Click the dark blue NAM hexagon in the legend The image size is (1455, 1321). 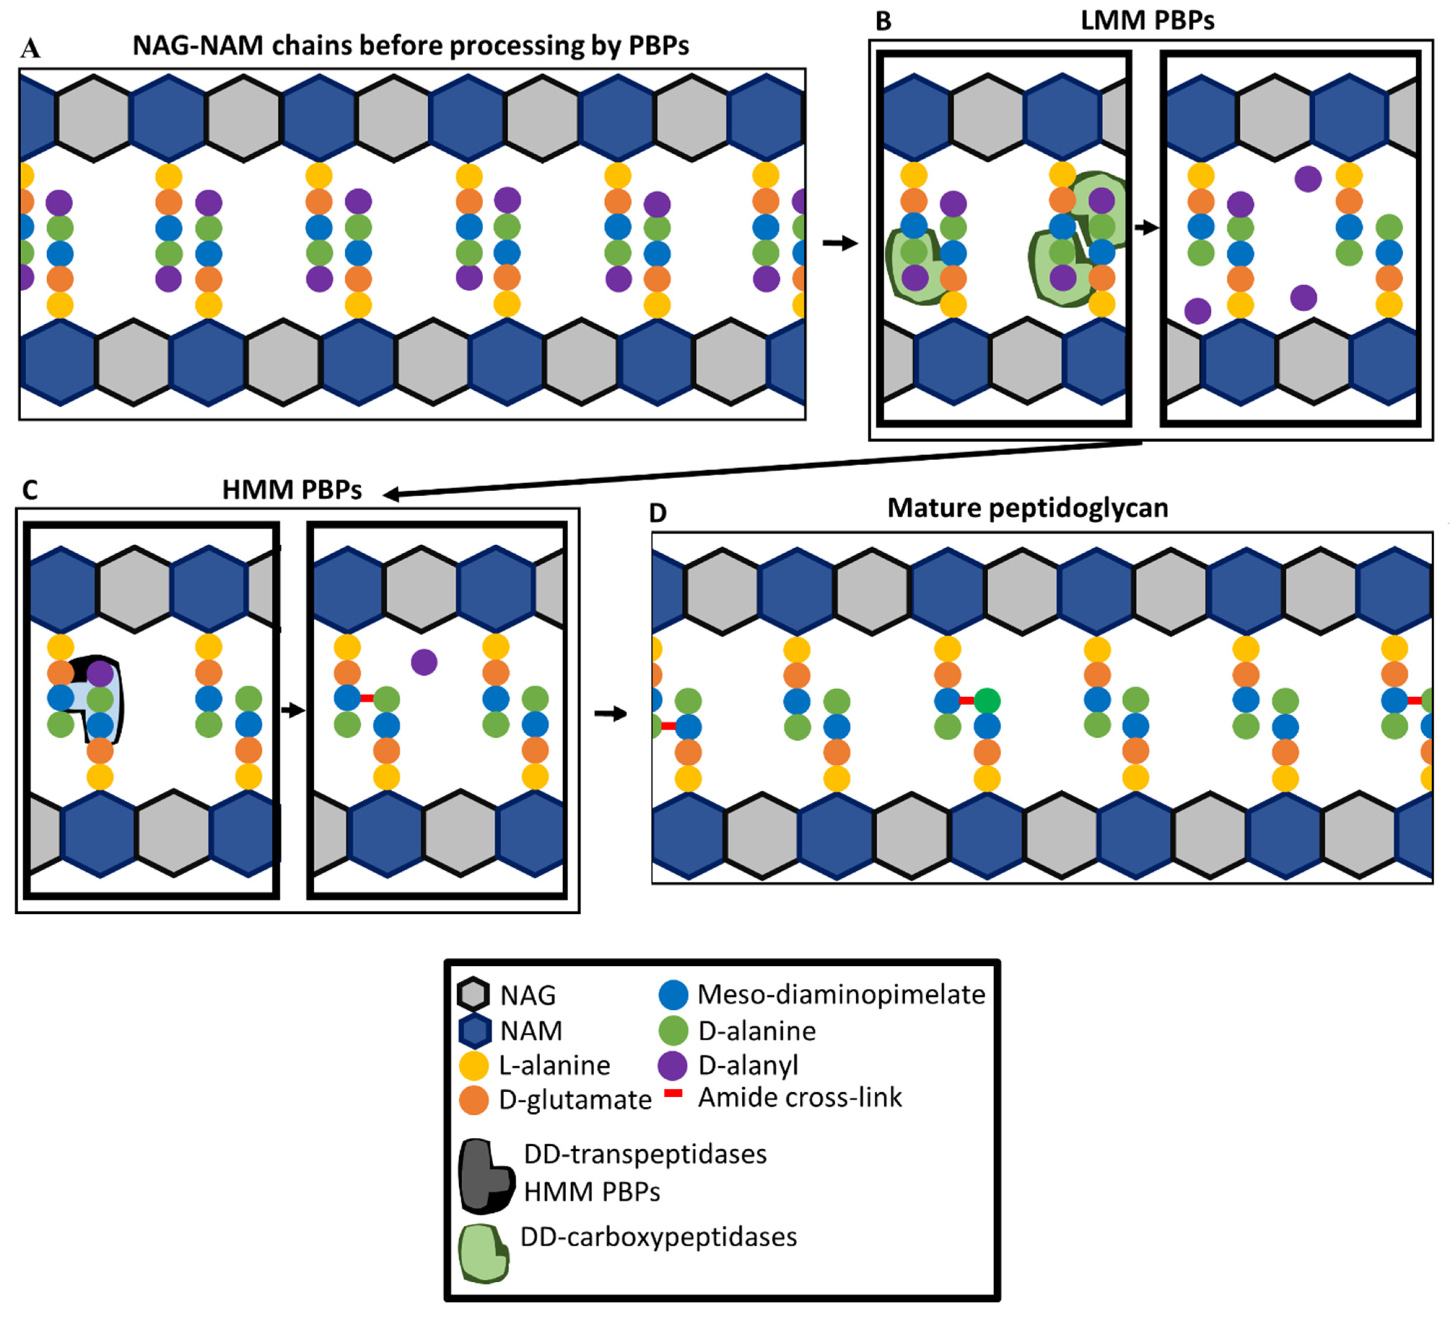tap(474, 1030)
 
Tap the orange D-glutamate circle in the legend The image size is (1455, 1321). tap(474, 1100)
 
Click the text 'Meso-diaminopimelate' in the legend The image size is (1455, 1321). tap(841, 994)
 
